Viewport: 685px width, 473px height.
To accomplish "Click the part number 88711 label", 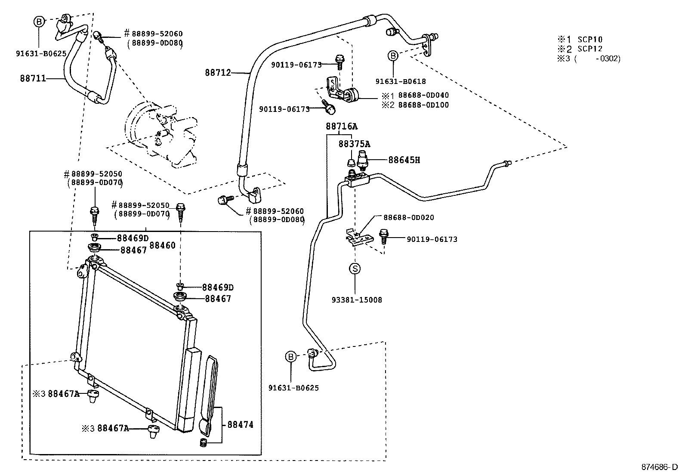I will (x=33, y=79).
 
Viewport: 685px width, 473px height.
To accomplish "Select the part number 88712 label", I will (x=218, y=73).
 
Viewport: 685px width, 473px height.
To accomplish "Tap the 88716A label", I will (x=341, y=127).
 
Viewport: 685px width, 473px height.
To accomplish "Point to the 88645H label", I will (x=404, y=160).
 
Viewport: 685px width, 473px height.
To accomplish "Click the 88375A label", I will (x=354, y=144).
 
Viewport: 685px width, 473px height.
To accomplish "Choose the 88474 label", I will (x=240, y=425).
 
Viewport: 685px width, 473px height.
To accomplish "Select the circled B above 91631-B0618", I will (x=393, y=56).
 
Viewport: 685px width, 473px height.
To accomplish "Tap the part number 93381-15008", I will (x=357, y=300).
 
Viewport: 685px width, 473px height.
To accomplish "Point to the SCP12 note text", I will (x=590, y=49).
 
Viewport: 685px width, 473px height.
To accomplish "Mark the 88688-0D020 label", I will (x=409, y=218).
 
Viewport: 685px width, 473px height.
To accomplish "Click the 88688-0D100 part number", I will (x=423, y=105).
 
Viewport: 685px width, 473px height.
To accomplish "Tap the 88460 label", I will (x=162, y=246).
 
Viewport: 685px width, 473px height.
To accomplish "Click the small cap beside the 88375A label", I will (x=351, y=162).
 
